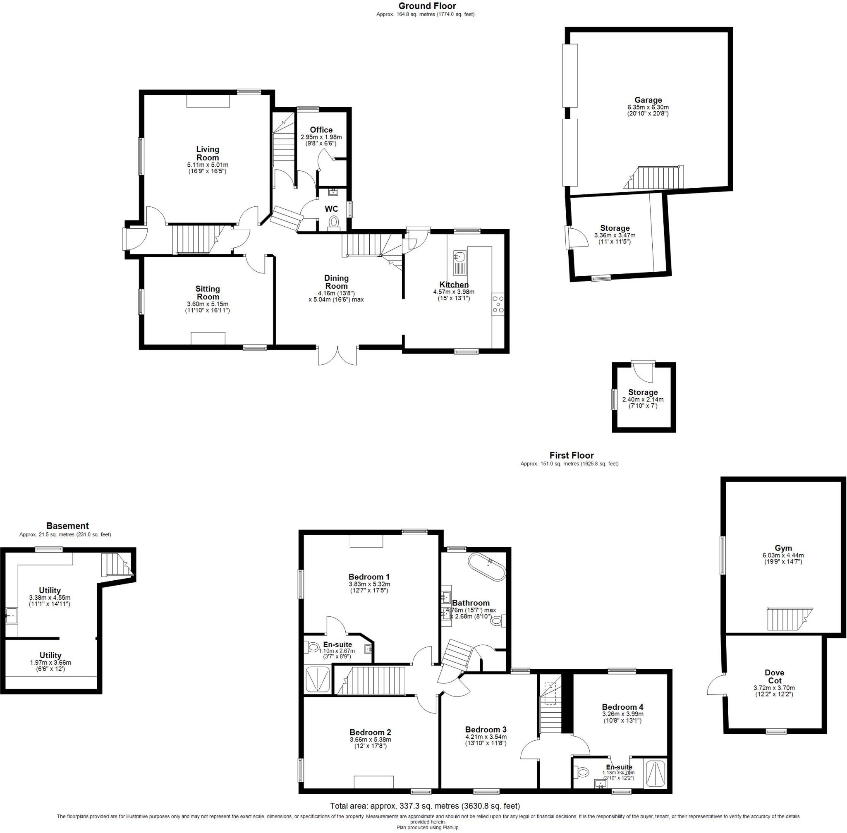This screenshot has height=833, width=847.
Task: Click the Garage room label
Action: pos(648,100)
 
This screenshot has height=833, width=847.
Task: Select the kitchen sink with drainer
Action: pos(460,263)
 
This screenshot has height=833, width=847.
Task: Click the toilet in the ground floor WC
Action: pos(333,221)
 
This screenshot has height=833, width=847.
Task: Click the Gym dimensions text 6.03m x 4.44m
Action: pos(782,555)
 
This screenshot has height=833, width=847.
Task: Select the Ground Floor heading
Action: pos(427,6)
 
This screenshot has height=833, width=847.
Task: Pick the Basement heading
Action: pos(67,526)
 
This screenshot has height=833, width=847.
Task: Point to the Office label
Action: pos(321,129)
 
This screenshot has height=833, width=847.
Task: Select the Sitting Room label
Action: pos(207,293)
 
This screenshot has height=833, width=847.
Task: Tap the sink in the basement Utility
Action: pos(10,616)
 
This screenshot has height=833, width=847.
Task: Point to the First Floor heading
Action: pos(572,455)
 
